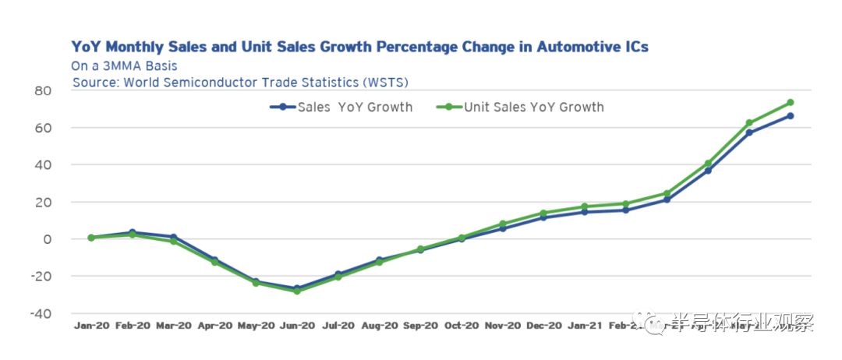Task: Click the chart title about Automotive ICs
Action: pos(359,48)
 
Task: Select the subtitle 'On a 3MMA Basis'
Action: pos(124,66)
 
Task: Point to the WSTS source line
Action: pos(240,82)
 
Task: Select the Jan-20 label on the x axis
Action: pos(90,326)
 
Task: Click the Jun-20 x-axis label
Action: pos(297,326)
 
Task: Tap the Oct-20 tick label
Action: pos(462,326)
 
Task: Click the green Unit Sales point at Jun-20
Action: pos(297,291)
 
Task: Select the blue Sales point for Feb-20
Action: pos(132,233)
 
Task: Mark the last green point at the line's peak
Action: pos(791,103)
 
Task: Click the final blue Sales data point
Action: pos(791,116)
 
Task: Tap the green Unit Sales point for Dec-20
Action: pos(543,213)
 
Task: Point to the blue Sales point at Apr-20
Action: pos(214,260)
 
